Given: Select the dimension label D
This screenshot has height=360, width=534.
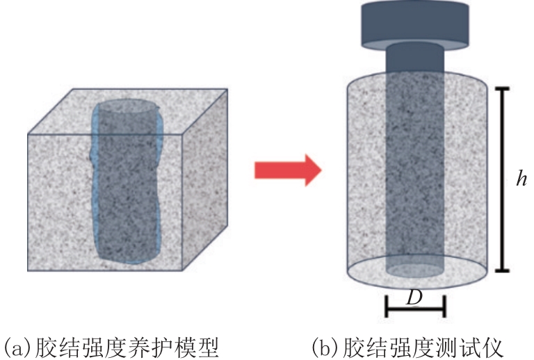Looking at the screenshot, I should coord(414,297).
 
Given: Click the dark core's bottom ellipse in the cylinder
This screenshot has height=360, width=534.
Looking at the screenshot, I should coord(414,268).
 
